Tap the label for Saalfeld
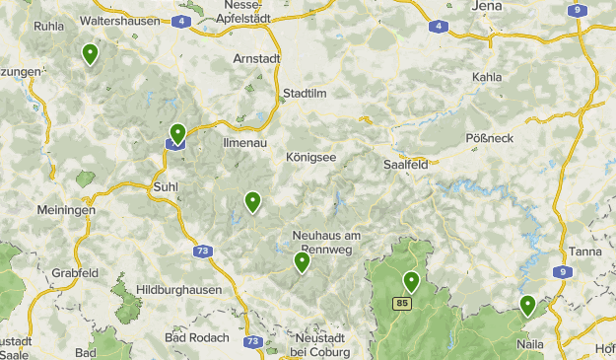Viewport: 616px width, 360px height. pyautogui.click(x=404, y=165)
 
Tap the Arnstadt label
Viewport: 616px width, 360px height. pyautogui.click(x=256, y=58)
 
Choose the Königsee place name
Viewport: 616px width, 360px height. pyautogui.click(x=310, y=157)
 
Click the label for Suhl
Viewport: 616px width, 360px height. pyautogui.click(x=165, y=184)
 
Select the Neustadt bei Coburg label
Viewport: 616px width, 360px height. pyautogui.click(x=328, y=344)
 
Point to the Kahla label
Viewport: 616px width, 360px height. pyautogui.click(x=487, y=77)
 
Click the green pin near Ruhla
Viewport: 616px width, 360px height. pyautogui.click(x=91, y=53)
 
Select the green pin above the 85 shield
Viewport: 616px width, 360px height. pyautogui.click(x=411, y=281)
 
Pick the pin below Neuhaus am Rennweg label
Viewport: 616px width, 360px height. pyautogui.click(x=302, y=261)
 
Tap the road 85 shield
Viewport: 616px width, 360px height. pyautogui.click(x=402, y=303)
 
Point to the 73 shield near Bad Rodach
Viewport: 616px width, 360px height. pyautogui.click(x=253, y=341)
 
